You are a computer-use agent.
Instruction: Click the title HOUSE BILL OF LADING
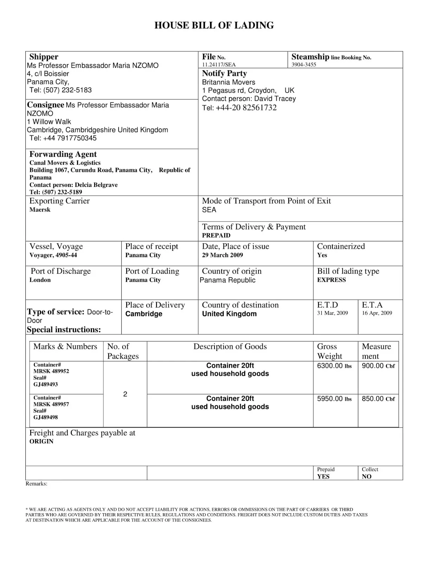214,25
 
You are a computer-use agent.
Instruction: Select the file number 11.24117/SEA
219,65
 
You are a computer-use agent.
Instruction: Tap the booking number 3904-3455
303,65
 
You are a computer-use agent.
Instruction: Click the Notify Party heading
224,73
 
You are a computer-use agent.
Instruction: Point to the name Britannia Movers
228,82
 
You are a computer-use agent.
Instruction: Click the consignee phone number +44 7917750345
63,138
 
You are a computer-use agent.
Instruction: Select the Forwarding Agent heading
63,154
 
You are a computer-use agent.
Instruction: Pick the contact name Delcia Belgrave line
73,185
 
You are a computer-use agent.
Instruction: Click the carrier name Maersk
40,210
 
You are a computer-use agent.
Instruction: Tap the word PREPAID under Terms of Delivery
216,235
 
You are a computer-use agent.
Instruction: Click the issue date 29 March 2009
222,255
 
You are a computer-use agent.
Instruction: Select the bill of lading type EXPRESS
331,280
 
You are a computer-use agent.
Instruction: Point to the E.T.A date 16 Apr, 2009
377,313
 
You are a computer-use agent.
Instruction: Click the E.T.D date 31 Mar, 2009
332,313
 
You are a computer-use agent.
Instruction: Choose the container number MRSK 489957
51,404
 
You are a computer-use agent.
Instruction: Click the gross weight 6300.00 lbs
334,366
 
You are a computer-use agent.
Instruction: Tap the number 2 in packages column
125,394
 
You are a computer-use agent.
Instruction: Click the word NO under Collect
366,477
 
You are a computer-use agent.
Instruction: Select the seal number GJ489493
45,384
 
